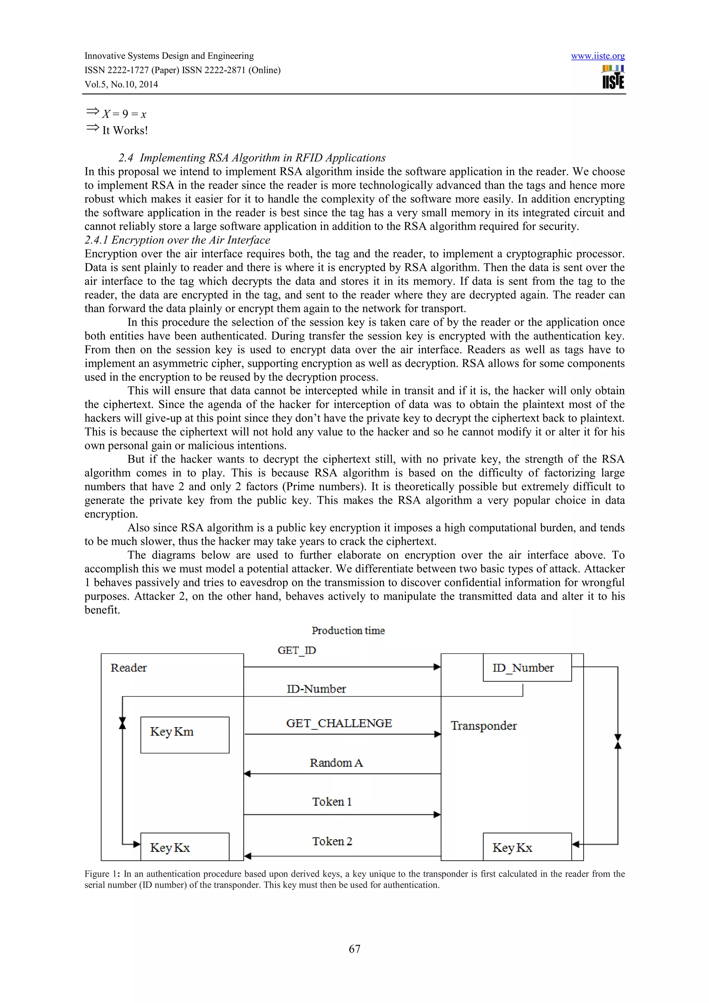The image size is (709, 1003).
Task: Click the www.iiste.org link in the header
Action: coord(597,56)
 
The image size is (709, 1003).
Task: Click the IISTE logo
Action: coord(613,77)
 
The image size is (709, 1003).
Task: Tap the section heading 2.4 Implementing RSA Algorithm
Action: coord(252,158)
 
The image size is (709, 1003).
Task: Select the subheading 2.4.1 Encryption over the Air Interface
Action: coord(177,240)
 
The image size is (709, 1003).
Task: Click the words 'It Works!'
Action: coord(125,130)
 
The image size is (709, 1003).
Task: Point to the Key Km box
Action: coord(185,734)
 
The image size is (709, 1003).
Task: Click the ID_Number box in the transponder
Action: coord(527,668)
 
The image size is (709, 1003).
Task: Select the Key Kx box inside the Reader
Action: coord(185,847)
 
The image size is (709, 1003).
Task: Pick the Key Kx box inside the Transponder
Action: coord(527,847)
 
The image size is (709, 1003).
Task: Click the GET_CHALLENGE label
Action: coord(339,723)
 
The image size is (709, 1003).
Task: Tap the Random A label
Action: coord(336,763)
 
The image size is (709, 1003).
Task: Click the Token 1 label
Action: coord(332,802)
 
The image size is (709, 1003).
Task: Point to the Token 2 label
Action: coord(332,841)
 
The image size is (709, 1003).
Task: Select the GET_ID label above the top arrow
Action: coord(297,650)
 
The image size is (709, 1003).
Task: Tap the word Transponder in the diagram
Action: coord(484,726)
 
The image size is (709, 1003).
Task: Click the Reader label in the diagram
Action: coord(128,668)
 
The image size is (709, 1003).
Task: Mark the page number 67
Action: coord(354,949)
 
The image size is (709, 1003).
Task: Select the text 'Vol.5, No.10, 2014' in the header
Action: coord(121,84)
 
